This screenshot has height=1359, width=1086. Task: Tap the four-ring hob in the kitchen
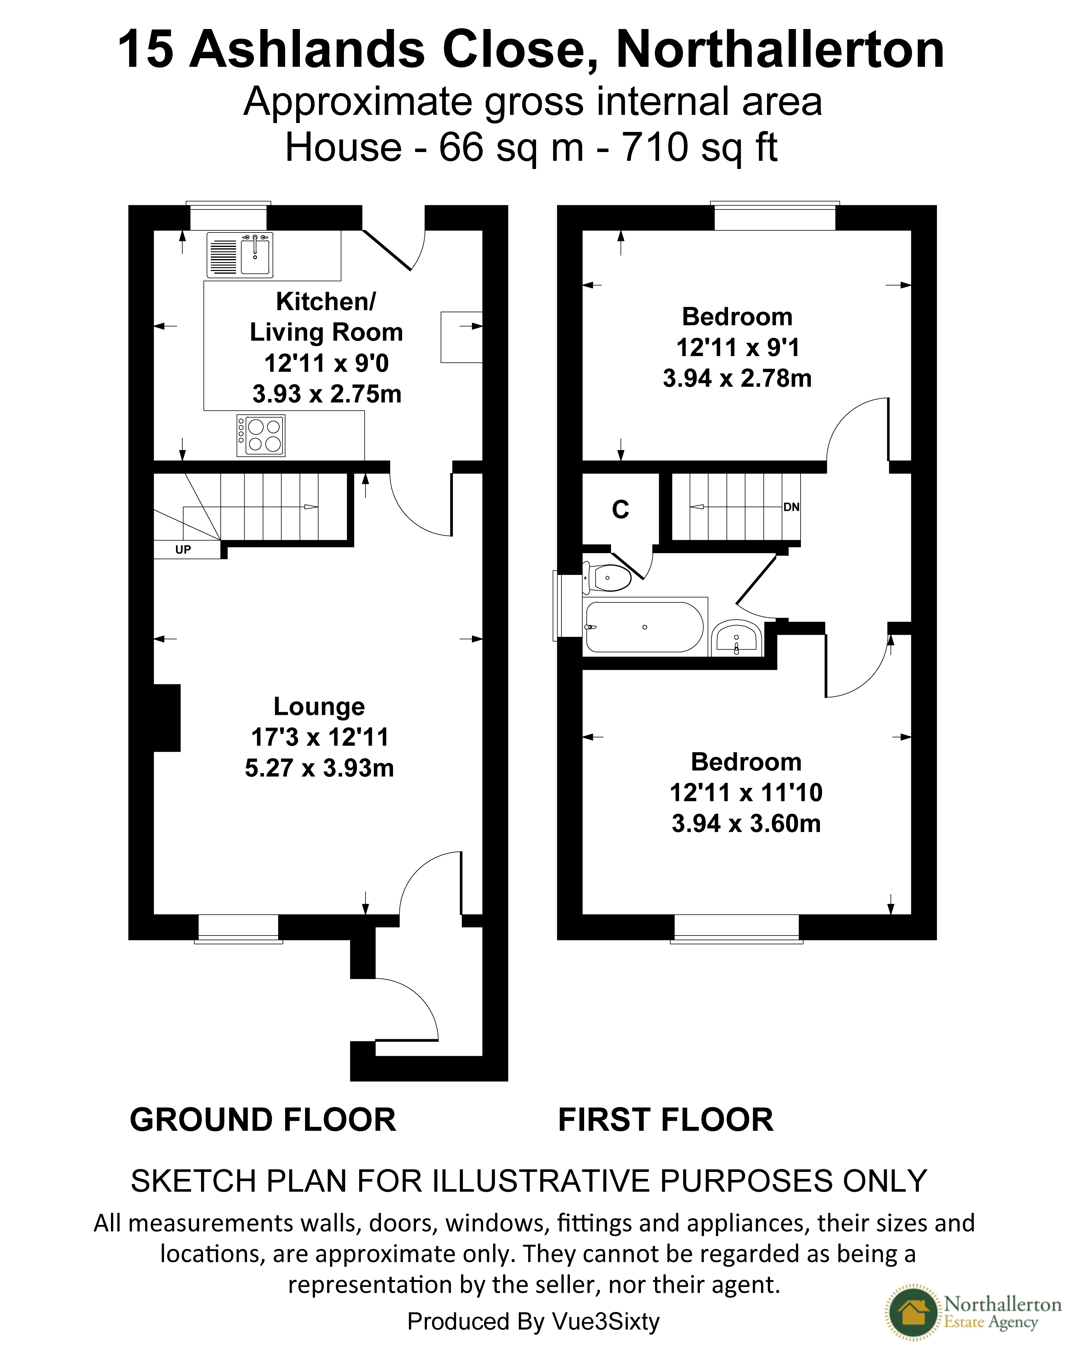tap(260, 435)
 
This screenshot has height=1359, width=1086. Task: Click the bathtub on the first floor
tap(644, 627)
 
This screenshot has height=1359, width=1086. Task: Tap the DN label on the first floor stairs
tap(792, 507)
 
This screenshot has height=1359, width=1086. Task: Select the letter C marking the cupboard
tap(621, 509)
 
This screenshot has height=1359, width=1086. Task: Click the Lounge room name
tap(319, 707)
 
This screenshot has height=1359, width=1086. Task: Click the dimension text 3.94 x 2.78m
tap(737, 378)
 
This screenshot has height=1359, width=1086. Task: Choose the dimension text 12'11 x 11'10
tap(746, 792)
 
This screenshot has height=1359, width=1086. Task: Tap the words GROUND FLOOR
tap(263, 1120)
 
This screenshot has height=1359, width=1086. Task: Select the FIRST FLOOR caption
tap(665, 1120)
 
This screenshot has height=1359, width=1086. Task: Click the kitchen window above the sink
tap(228, 216)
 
